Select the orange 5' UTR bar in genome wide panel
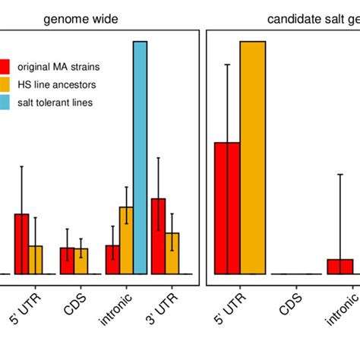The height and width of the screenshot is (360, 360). tap(36, 259)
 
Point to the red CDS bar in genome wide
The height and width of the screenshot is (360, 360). tap(68, 260)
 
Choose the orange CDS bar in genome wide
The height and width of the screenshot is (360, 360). tap(81, 261)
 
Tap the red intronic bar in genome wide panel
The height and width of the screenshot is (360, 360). tap(112, 259)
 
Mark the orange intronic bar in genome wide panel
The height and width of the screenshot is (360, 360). tap(126, 240)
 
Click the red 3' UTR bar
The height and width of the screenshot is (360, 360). tap(158, 235)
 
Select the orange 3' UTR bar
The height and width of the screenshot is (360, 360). tap(172, 253)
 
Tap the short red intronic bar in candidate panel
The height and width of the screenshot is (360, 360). tap(340, 266)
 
